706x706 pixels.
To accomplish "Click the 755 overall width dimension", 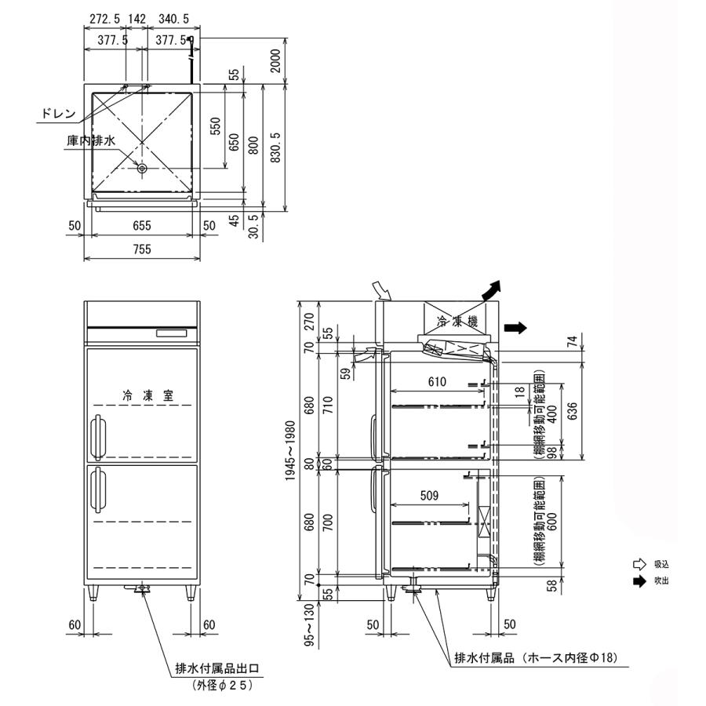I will click(141, 249).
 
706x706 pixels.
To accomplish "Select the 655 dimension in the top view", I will click(141, 225).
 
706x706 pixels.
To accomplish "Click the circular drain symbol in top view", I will click(142, 168).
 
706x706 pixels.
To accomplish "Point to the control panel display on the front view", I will click(173, 334).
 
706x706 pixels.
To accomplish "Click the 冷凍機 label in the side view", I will click(452, 321).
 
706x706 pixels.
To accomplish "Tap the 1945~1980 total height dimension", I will click(290, 446).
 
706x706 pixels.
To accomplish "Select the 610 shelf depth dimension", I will click(438, 382).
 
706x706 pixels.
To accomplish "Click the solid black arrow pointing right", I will click(515, 327).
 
